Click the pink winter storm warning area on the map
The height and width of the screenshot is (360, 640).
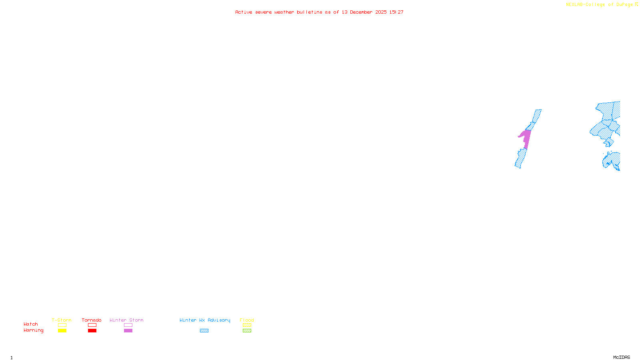(526, 138)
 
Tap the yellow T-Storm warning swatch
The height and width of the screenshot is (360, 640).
(62, 331)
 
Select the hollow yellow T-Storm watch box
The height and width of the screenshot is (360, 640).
(62, 325)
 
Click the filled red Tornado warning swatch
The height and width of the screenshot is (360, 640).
(92, 331)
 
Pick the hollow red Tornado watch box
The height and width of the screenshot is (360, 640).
(92, 325)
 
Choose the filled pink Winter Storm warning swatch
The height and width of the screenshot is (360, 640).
(128, 331)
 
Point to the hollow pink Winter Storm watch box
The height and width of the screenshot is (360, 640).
(128, 325)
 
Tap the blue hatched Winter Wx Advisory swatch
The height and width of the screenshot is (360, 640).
(204, 331)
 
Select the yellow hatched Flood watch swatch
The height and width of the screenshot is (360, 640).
(247, 325)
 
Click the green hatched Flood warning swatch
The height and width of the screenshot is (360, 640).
(247, 331)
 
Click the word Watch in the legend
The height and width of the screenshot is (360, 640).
(31, 324)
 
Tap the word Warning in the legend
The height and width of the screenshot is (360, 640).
(33, 330)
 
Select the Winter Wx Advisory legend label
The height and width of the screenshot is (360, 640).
(205, 320)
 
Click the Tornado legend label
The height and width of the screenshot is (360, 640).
(92, 320)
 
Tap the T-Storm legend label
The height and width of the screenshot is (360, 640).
(62, 320)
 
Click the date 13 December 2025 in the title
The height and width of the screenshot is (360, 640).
(364, 12)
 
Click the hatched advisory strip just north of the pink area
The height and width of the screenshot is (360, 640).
(535, 118)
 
